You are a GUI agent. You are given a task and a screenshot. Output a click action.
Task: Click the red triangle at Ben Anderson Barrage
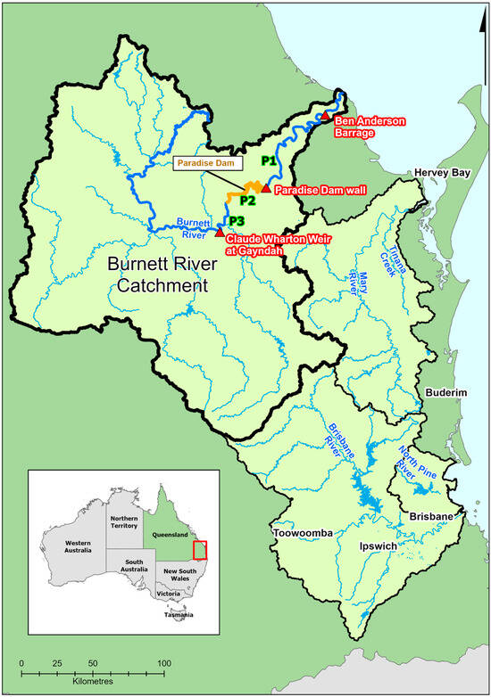(326, 117)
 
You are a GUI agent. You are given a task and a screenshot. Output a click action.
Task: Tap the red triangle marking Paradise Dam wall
(265, 187)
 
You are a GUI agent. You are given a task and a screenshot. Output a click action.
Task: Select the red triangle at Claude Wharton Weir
(220, 232)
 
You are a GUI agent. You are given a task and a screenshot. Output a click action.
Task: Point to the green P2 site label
(246, 201)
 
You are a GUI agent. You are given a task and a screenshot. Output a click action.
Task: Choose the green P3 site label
(237, 221)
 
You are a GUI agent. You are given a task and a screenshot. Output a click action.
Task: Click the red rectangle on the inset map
(200, 553)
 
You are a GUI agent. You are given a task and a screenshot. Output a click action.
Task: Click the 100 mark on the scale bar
(164, 664)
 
